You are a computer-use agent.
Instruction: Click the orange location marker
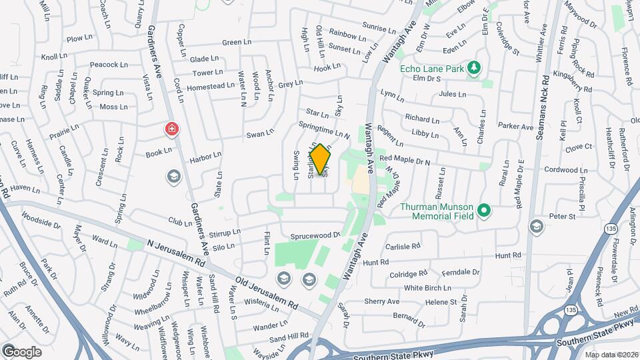321,158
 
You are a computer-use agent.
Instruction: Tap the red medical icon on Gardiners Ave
172,129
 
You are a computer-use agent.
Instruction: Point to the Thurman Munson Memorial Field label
437,211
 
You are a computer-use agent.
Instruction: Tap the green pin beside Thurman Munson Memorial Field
485,211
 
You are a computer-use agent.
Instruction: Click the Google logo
22,351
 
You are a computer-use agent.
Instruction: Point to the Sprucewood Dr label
315,235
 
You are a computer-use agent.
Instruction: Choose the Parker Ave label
516,126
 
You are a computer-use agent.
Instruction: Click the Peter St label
561,216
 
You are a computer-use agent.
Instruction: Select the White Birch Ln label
427,288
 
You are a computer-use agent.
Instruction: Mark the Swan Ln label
260,134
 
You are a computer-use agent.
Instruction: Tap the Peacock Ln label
108,65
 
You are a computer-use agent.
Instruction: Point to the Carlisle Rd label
402,245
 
